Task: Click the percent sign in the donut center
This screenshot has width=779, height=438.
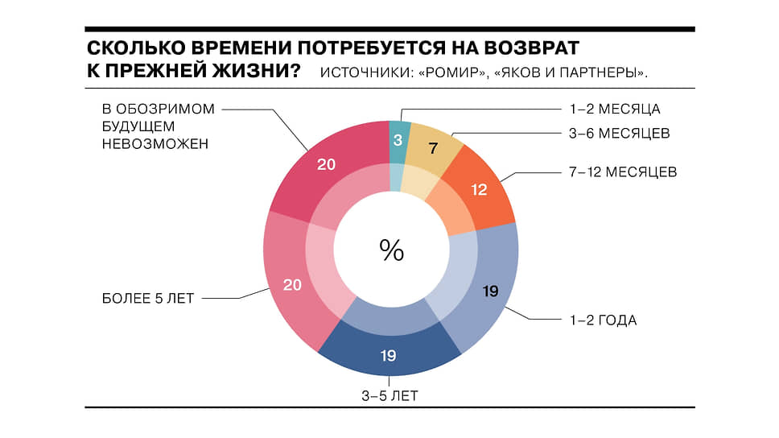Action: point(391,251)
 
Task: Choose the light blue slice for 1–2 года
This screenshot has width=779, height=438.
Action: point(490,291)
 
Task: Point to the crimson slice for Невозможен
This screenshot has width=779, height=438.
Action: point(325,165)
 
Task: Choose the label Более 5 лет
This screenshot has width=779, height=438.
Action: point(148,298)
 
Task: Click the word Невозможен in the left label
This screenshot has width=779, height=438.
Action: point(155,144)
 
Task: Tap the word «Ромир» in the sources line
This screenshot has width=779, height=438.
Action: point(453,72)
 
